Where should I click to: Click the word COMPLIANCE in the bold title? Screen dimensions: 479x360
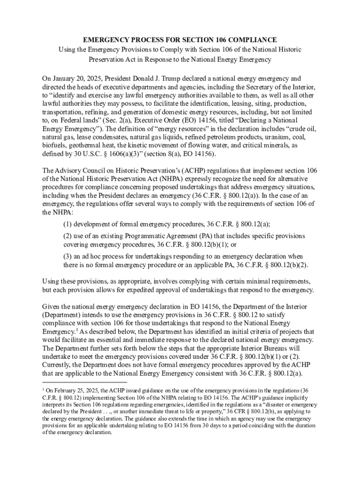[x=254, y=40]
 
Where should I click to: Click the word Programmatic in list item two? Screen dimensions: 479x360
[x=162, y=236]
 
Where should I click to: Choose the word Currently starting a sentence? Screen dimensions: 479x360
[x=58, y=365]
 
